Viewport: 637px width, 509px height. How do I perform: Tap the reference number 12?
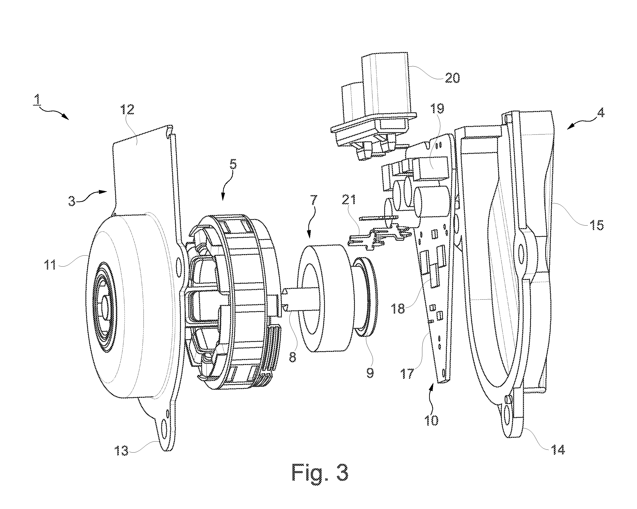tap(127, 110)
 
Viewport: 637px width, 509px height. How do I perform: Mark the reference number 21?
tap(349, 201)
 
